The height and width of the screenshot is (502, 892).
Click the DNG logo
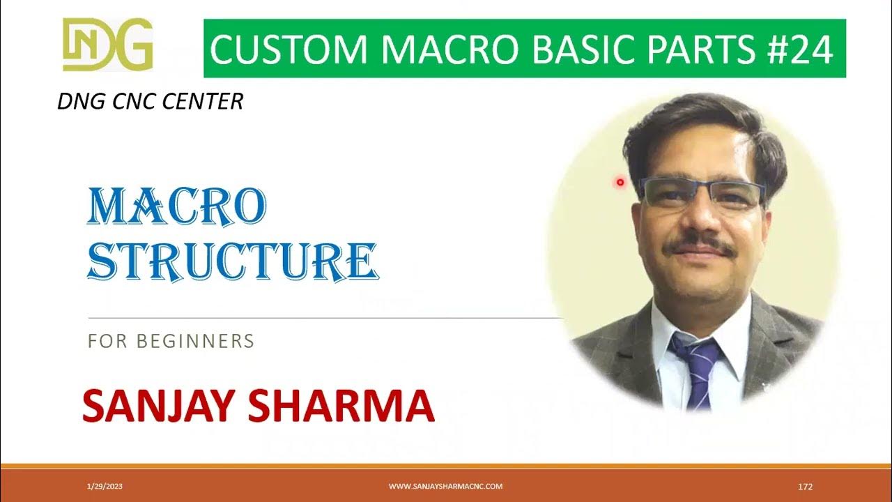107,44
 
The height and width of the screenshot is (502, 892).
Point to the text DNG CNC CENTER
150,102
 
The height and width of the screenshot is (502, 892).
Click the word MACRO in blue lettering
176,208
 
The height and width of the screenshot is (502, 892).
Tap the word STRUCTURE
233,261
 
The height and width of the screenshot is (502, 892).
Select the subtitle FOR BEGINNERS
171,342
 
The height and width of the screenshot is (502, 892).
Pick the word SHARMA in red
346,407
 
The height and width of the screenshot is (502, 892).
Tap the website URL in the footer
445,487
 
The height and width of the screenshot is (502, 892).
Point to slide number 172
805,487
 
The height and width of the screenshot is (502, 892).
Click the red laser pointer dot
620,183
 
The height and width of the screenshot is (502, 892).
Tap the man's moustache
698,245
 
